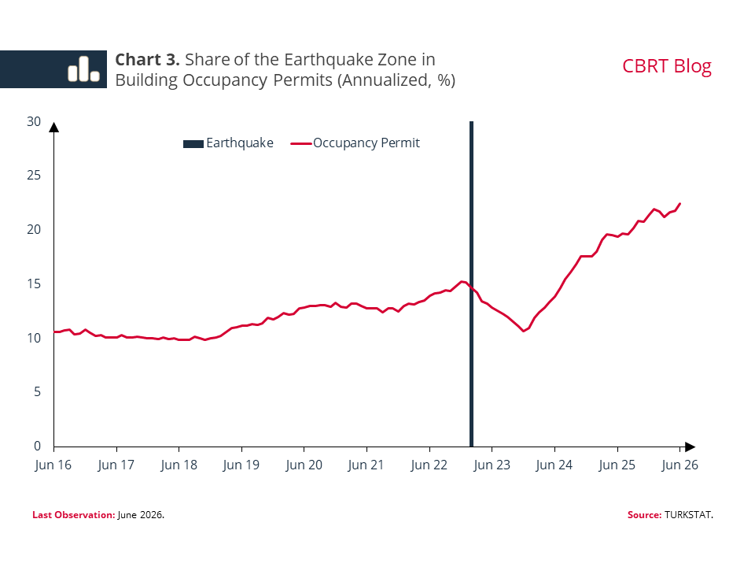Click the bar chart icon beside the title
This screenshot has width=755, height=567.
tap(84, 69)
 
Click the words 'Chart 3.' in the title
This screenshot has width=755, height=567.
tap(147, 60)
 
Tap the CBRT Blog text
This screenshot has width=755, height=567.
tap(666, 66)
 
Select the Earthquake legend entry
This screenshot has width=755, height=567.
tap(228, 143)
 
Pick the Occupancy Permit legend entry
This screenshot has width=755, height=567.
tap(355, 143)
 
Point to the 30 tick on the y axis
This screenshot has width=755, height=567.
tap(34, 121)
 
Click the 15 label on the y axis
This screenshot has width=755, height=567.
tap(34, 284)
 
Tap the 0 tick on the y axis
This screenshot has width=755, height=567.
tap(37, 446)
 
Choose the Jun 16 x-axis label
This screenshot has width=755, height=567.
tap(53, 465)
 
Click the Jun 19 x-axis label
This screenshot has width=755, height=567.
tap(241, 465)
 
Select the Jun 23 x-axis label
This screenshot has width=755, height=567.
tap(492, 465)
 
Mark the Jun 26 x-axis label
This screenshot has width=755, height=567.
tap(679, 465)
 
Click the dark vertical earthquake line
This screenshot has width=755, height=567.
tap(471, 284)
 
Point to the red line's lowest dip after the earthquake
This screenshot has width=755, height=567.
tap(524, 332)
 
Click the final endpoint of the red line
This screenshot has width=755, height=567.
tap(679, 203)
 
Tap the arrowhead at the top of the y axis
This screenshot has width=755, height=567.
tap(54, 128)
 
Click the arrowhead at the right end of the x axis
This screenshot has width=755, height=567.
tap(690, 447)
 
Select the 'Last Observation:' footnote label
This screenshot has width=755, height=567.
tap(74, 515)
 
